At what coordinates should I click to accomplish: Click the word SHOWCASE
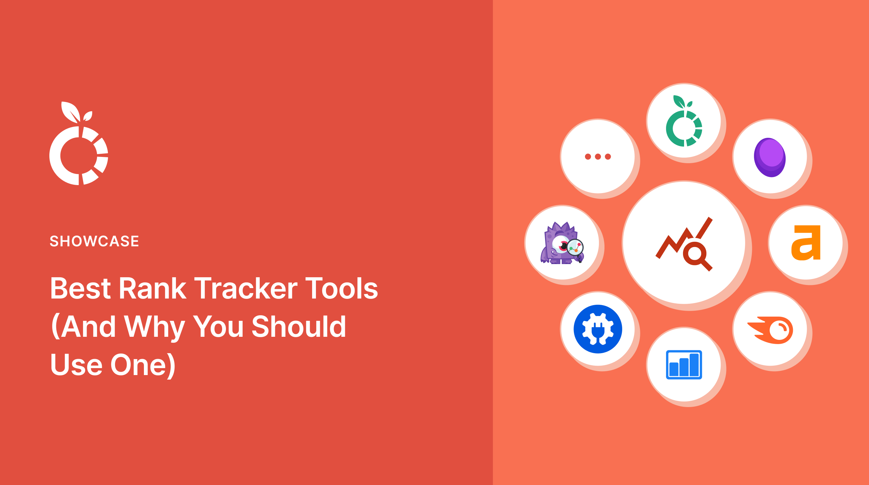pos(94,241)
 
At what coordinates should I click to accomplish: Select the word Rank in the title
pos(153,288)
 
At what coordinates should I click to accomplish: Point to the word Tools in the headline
pos(342,288)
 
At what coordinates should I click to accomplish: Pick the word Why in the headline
pos(154,327)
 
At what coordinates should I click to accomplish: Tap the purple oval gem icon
pos(770,157)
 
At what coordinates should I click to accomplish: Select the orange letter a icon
pos(806,242)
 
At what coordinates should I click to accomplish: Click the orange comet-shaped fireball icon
pos(770,330)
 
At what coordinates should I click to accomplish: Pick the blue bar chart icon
pos(684,365)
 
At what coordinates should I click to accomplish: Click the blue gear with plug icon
pos(598,329)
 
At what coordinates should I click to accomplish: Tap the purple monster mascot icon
pos(560,244)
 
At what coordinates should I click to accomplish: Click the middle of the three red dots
pos(598,157)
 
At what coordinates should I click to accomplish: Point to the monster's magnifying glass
pos(575,248)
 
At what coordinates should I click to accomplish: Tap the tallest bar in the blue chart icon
pos(694,364)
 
